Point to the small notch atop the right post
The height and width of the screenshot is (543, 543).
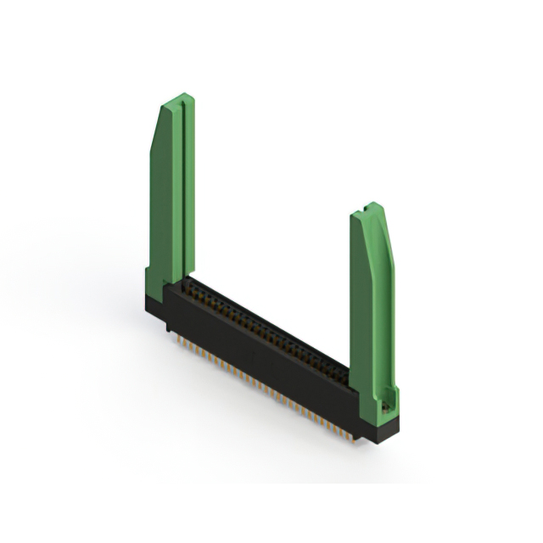(366, 205)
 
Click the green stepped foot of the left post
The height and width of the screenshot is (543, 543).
(154, 284)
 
